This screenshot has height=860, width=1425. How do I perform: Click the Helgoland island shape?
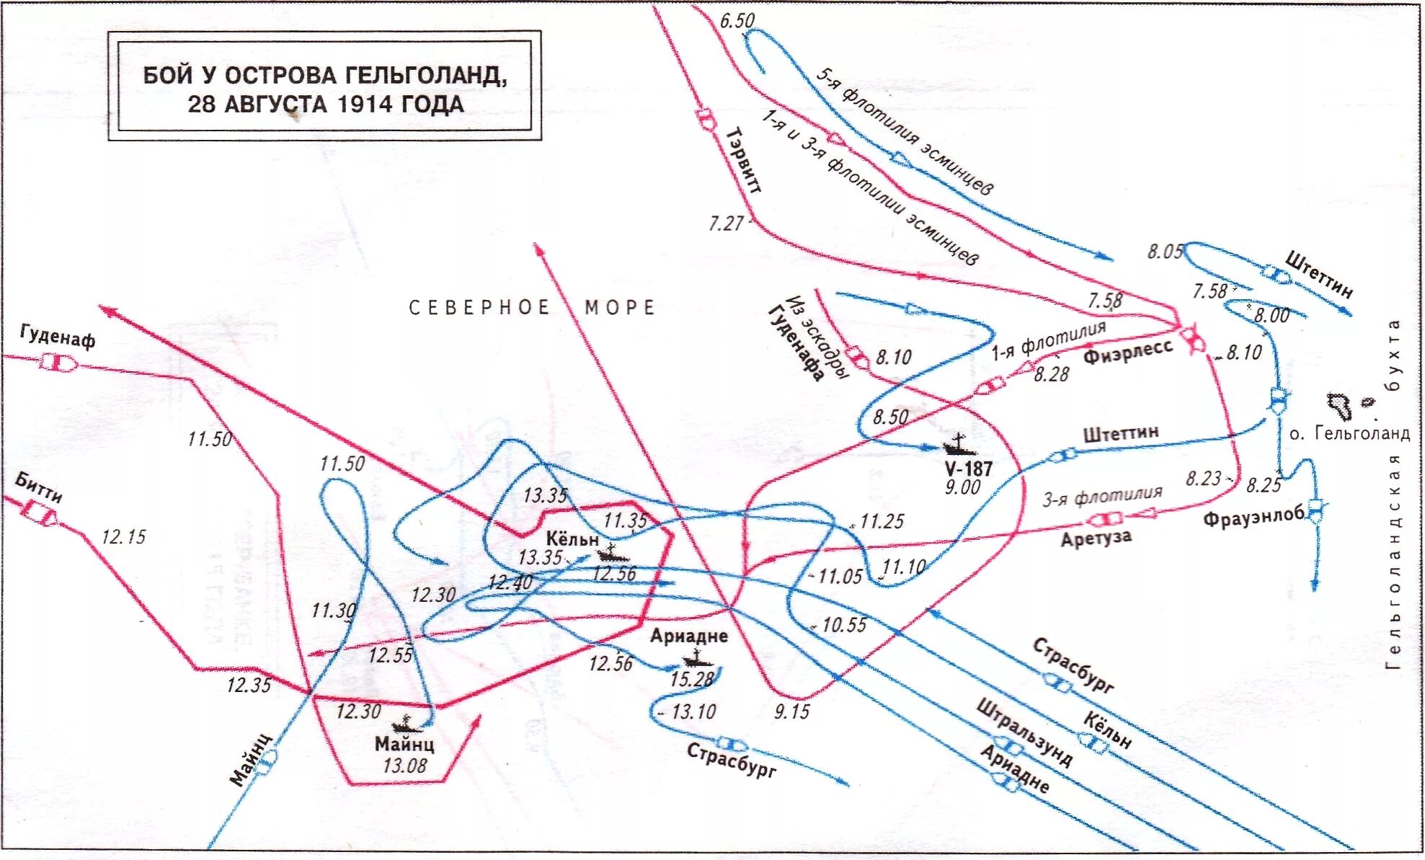point(1339,407)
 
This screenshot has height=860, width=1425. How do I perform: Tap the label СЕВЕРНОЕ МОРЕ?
point(532,308)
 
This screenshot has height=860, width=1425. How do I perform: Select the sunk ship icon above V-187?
point(959,445)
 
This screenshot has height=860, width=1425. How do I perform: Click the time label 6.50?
point(737,21)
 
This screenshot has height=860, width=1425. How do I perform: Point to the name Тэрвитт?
point(743,160)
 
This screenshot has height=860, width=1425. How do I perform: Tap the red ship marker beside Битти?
point(40,511)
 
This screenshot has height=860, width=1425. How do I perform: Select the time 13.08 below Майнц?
point(404,766)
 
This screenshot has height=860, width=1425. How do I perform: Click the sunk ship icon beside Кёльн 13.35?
point(611,554)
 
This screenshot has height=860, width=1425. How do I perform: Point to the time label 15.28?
point(691,679)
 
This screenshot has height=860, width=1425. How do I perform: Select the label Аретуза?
point(1096,538)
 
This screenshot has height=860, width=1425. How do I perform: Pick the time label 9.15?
point(792,712)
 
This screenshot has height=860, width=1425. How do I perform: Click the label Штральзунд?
point(1024,732)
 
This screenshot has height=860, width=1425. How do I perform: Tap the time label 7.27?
point(726,223)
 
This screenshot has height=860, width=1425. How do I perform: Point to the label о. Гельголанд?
point(1349,433)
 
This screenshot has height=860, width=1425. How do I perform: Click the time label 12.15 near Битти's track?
point(123,537)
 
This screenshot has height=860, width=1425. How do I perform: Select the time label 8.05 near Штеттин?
point(1165,252)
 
